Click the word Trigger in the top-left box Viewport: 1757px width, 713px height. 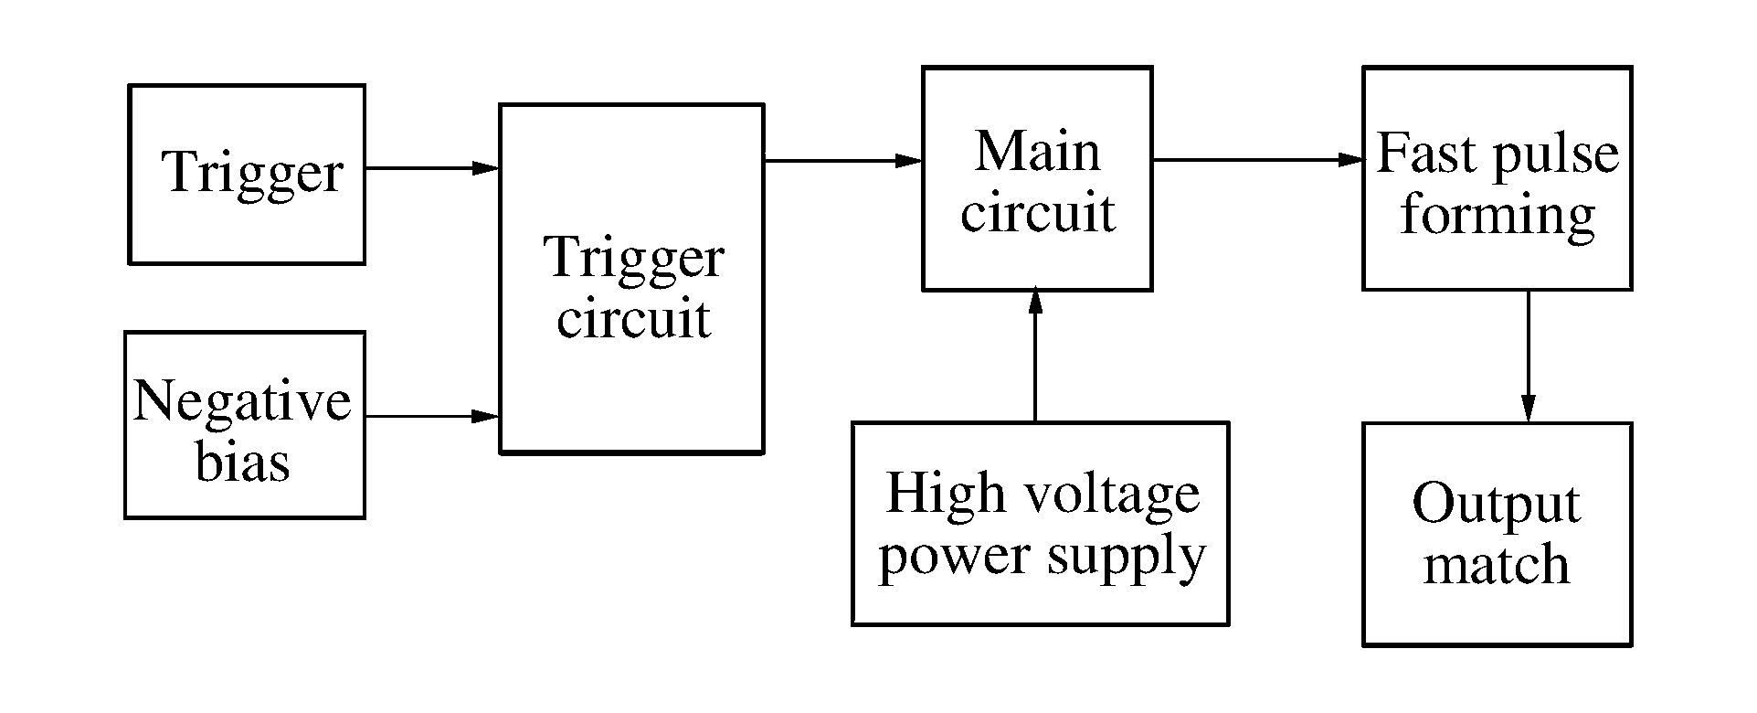[x=253, y=172]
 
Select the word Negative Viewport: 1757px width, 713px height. [x=242, y=401]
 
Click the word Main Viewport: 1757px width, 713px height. [x=1037, y=151]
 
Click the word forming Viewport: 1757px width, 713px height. [x=1498, y=217]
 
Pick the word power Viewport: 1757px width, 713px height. [x=953, y=556]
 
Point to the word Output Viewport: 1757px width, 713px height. [x=1496, y=504]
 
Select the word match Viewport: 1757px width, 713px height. [x=1496, y=564]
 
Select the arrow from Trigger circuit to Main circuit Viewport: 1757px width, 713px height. [x=841, y=161]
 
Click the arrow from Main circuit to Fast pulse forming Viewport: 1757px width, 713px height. [x=1256, y=160]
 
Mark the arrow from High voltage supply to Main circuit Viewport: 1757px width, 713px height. [x=1035, y=356]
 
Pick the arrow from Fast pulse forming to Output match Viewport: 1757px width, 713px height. [x=1528, y=356]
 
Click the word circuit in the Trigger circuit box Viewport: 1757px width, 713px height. [x=633, y=319]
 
